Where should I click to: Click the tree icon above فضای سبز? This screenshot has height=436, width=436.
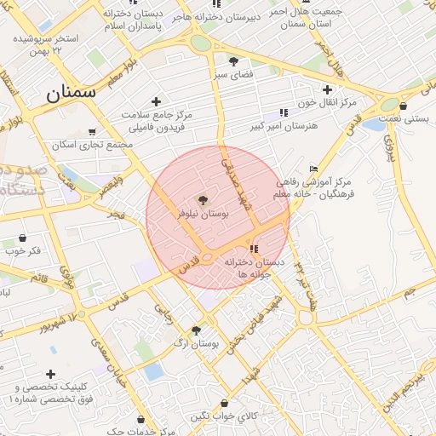click(233, 60)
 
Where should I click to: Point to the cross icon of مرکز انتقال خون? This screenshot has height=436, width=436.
click(327, 89)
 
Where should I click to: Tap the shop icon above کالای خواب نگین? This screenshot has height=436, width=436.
click(224, 403)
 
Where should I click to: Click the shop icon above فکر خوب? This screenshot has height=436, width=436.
click(22, 238)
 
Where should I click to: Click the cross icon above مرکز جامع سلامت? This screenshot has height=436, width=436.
click(156, 101)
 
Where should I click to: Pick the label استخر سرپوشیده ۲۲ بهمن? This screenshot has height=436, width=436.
click(46, 45)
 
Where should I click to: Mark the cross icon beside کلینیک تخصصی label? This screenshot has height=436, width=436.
click(52, 374)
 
